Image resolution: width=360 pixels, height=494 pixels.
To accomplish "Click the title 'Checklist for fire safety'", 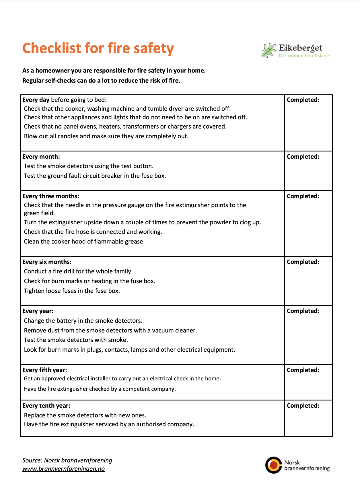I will (x=98, y=48).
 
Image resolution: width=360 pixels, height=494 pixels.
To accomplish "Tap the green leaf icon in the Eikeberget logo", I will (x=268, y=50).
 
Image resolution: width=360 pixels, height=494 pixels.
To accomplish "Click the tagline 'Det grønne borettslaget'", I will (x=305, y=56).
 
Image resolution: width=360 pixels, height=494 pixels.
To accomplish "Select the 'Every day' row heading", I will (x=36, y=100).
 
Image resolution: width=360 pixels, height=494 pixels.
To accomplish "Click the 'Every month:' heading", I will (x=41, y=157).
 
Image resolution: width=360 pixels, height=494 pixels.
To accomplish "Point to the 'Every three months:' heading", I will (x=51, y=196).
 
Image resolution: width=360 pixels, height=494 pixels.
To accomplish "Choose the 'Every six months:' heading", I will (x=47, y=262).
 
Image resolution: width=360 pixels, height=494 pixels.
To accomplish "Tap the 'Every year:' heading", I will (x=38, y=311).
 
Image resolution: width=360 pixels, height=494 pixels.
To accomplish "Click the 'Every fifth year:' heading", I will (x=45, y=370).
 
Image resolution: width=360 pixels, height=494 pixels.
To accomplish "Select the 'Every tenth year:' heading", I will (x=46, y=406).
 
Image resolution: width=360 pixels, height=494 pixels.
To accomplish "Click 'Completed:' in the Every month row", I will (x=303, y=157).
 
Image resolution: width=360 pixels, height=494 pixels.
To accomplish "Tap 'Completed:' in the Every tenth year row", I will (x=303, y=406).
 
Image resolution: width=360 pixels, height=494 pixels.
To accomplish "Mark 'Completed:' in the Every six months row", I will (x=303, y=262).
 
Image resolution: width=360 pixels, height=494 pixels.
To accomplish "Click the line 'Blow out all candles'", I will (x=106, y=136).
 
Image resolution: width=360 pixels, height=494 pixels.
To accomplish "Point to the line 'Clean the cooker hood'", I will (x=84, y=242).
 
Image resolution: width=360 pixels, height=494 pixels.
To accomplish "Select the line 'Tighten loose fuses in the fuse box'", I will (x=72, y=291).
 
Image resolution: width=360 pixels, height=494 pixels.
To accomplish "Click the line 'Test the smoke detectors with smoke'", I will (x=76, y=340).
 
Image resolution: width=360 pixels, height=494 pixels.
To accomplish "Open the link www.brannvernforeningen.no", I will (x=64, y=469).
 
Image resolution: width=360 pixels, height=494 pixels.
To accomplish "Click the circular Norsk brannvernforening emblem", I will (x=274, y=465).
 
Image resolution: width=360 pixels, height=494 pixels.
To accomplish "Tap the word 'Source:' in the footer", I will (x=32, y=460).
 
